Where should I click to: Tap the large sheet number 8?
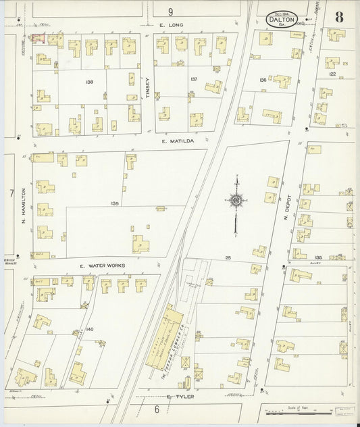coord(339,17)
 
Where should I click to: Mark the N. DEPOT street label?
coord(286,210)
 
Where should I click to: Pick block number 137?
coord(193,79)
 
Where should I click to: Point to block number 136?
coord(262,80)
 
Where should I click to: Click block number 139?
coord(115,203)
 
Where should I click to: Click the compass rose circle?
coord(236,200)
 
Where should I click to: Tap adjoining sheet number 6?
coord(156,409)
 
